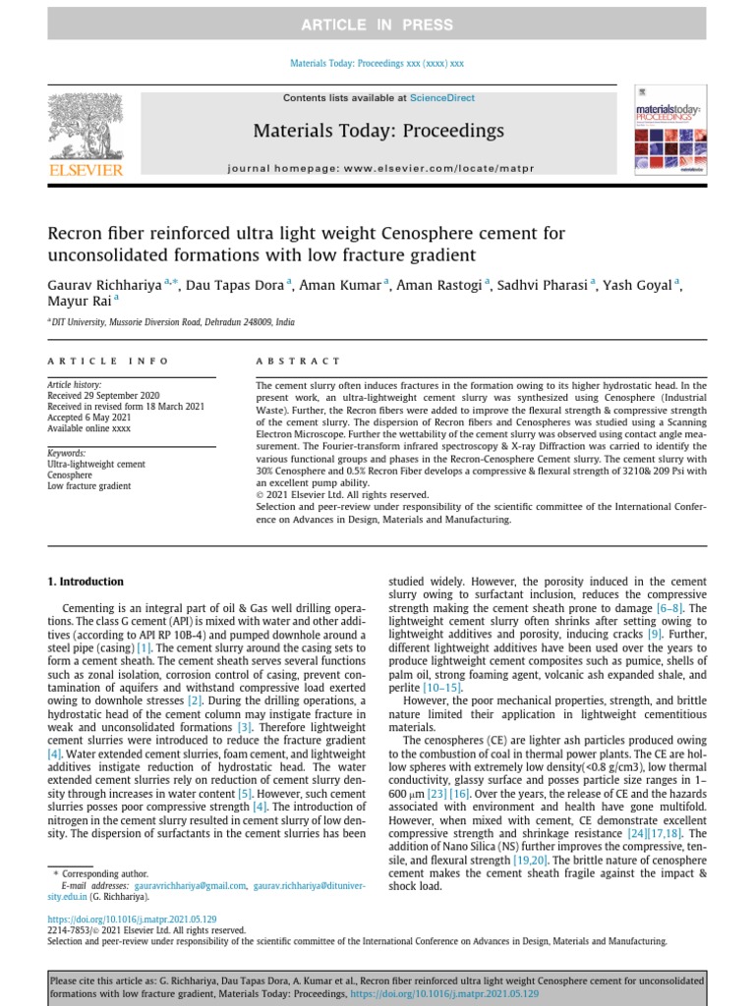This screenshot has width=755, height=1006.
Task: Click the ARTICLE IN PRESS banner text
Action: click(377, 24)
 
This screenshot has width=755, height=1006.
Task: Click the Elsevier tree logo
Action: click(86, 129)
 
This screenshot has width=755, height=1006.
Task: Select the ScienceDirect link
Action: click(442, 98)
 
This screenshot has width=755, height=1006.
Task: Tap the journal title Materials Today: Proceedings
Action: click(378, 131)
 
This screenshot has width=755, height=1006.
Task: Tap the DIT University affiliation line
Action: click(173, 322)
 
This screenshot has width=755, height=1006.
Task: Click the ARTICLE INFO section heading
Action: click(108, 362)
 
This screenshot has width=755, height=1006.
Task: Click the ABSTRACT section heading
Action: click(299, 362)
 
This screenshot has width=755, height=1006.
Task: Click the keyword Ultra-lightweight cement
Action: click(96, 464)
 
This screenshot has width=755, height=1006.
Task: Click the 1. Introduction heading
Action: click(86, 582)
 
